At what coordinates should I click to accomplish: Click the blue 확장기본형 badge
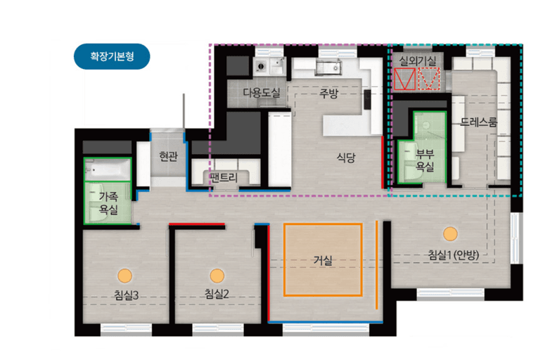click(112, 56)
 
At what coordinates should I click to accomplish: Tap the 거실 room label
click(323, 260)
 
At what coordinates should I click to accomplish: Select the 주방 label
click(328, 94)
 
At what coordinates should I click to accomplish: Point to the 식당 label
click(346, 157)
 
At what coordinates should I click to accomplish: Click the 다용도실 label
click(262, 93)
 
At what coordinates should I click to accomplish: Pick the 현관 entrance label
click(168, 156)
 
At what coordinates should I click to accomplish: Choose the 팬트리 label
click(224, 177)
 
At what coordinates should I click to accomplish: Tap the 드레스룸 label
click(478, 122)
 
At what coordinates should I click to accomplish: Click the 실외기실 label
click(417, 61)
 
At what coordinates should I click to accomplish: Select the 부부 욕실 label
click(425, 160)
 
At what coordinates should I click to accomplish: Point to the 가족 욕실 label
click(108, 203)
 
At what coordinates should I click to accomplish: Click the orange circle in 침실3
click(124, 276)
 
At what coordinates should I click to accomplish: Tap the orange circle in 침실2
click(217, 276)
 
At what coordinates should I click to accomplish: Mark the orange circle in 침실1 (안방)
click(450, 234)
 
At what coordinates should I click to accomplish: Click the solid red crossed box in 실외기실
click(405, 79)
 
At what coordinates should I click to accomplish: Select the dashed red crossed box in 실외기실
click(429, 79)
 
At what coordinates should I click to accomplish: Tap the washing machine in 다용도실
click(261, 66)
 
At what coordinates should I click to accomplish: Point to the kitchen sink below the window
click(328, 67)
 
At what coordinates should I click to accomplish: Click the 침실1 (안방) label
click(453, 255)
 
